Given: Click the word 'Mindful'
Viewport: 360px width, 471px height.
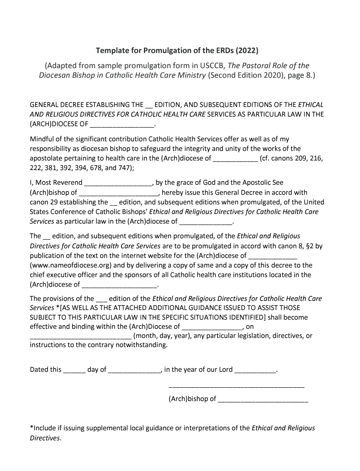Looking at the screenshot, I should point(42,139).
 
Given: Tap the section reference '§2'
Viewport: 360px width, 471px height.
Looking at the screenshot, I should point(309,246).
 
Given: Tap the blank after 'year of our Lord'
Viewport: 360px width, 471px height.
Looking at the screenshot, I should point(255,369).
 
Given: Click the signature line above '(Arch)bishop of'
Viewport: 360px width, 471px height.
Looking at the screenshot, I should point(236,387).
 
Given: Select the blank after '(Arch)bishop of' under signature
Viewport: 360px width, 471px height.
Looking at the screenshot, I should point(263,399).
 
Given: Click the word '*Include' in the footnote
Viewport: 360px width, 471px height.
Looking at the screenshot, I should point(42,428).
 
